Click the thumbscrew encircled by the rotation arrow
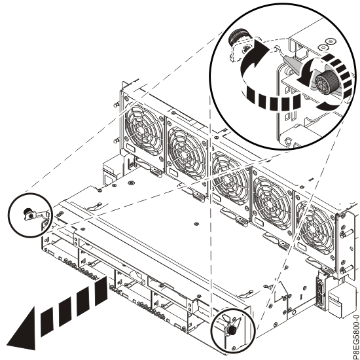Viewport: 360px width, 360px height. [x=323, y=86]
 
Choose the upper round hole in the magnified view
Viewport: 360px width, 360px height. [x=325, y=46]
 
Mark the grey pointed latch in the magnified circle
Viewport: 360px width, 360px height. [x=288, y=62]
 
